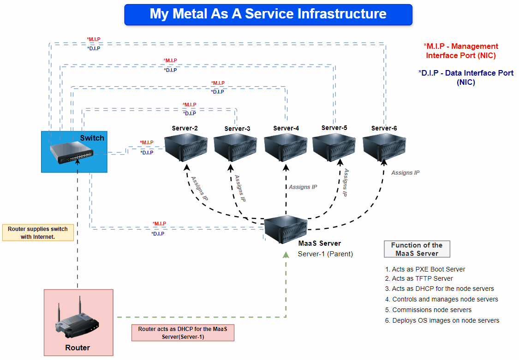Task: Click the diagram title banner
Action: tap(268, 14)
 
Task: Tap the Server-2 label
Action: tap(185, 128)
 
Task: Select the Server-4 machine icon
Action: tap(286, 147)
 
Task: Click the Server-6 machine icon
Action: tap(384, 147)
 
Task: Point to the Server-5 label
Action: tap(334, 128)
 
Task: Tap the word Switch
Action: tap(92, 138)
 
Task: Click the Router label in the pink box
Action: tap(78, 348)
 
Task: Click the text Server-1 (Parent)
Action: tap(325, 254)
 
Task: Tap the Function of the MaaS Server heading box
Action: tap(417, 249)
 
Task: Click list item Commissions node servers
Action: tap(431, 310)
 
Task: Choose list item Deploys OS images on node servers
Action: tap(445, 320)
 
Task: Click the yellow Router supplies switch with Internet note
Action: tap(38, 233)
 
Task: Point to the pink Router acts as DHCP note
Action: tap(183, 333)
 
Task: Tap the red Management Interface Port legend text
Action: tap(461, 51)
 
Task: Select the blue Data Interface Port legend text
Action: tap(466, 77)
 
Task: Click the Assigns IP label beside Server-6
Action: tap(405, 173)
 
